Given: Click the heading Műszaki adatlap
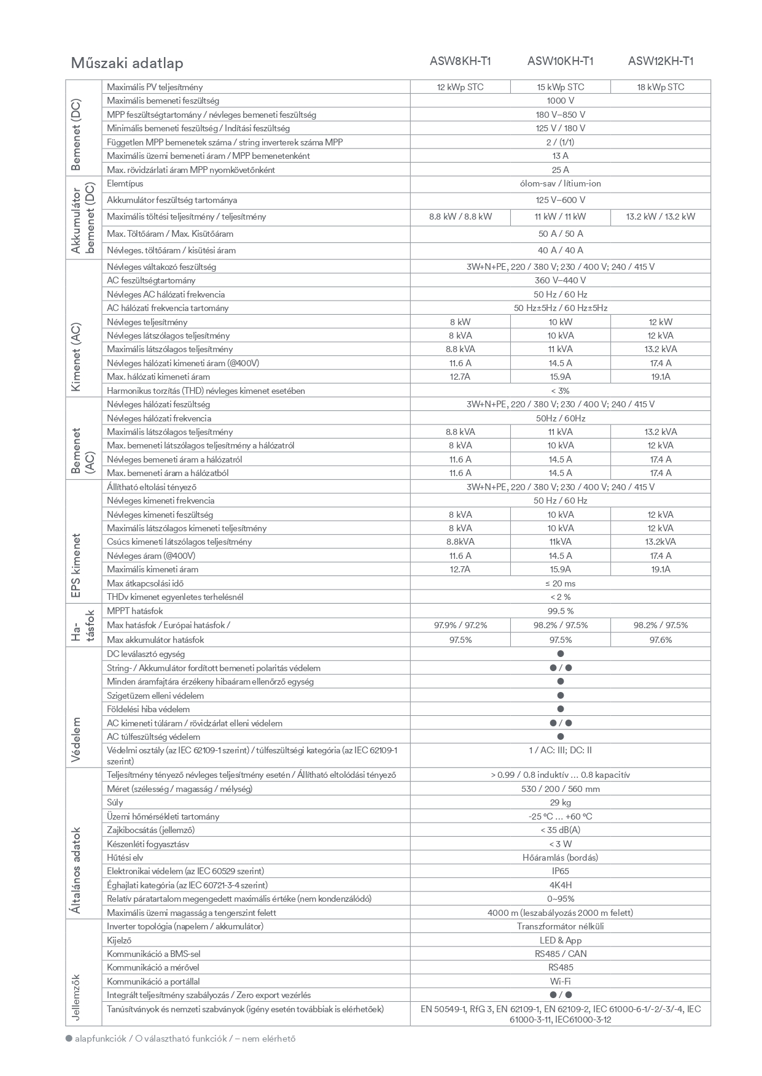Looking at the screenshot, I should coord(127,63).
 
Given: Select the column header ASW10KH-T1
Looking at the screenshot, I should coord(560,61).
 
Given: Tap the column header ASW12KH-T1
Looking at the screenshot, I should coord(661,61).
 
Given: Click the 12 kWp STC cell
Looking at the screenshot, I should coord(460,87).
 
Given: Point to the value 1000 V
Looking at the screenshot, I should coord(560,101).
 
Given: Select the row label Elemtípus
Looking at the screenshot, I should coord(125,183).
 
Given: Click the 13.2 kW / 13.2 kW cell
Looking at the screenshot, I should coord(661,217).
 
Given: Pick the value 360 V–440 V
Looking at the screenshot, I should coord(560,280).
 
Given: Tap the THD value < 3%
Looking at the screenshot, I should coord(560,391).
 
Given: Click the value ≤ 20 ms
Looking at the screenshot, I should coord(560,583).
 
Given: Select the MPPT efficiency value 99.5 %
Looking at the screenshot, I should coord(560,611).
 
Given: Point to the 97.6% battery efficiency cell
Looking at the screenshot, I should coord(661,640).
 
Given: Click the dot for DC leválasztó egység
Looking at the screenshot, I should coord(560,654).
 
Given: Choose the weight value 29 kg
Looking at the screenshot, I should coord(560,802).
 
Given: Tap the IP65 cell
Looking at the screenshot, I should coord(560,871).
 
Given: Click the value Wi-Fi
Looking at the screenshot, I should coord(560,982).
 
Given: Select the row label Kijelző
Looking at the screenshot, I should coord(119,940).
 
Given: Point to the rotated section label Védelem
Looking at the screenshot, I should coord(77,739).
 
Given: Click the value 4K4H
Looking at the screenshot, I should coord(560,885).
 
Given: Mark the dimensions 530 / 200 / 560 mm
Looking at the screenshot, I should coord(560,789).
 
